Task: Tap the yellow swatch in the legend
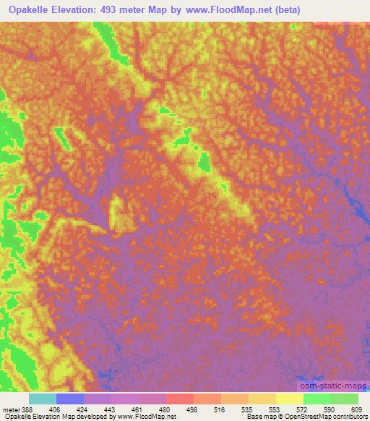pyautogui.click(x=289, y=399)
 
